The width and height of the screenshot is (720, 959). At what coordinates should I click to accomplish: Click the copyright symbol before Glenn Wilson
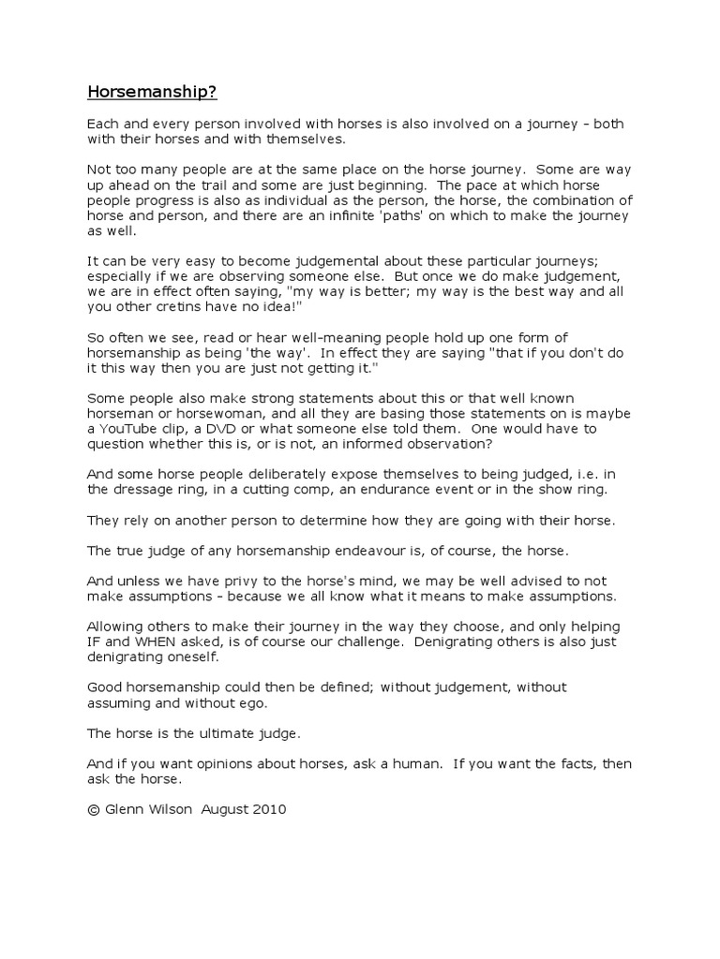point(93,810)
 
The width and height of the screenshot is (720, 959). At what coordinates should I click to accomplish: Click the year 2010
point(268,810)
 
